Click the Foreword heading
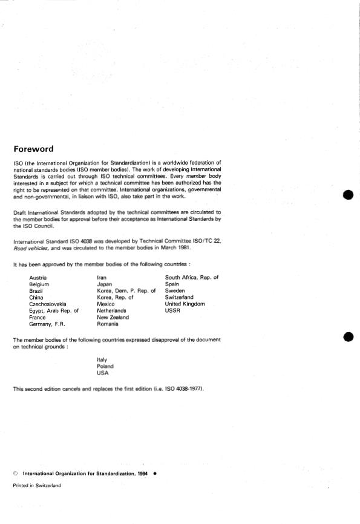[x=33, y=149]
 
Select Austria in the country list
[x=39, y=277]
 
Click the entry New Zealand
[x=113, y=317]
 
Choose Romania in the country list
[x=108, y=324]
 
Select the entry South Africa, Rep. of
[x=191, y=277]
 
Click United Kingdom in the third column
[x=185, y=304]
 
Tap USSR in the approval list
[x=173, y=310]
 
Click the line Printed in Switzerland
[x=37, y=485]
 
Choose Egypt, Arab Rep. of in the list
[x=54, y=310]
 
